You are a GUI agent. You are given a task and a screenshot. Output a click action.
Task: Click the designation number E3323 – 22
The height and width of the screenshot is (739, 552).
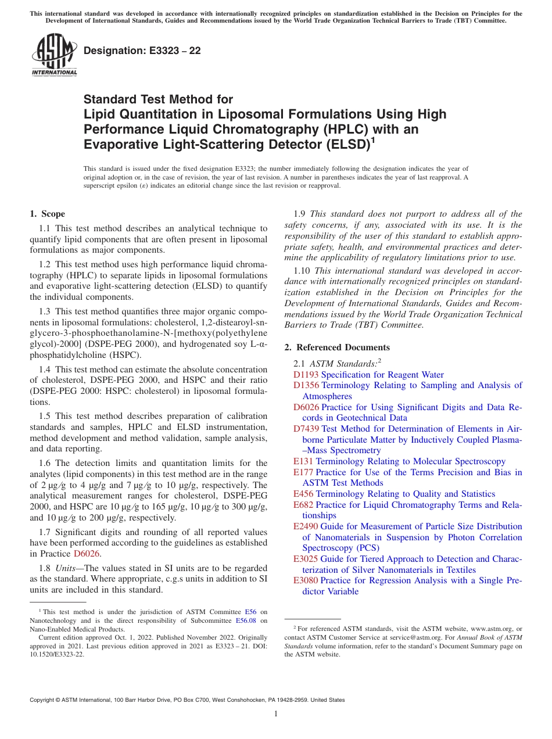[142, 51]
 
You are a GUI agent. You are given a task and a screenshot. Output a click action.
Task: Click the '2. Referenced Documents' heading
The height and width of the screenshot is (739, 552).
[337, 347]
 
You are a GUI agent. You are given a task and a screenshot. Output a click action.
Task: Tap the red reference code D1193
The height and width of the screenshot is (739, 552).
[306, 375]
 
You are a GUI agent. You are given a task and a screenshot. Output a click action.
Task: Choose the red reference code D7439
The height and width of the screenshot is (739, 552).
[306, 429]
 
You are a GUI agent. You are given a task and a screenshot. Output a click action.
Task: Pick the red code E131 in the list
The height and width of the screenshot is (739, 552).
[303, 461]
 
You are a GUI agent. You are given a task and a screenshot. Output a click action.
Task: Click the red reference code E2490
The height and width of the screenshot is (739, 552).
[306, 526]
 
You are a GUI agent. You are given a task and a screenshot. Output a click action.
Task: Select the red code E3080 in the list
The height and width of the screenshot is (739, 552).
[306, 580]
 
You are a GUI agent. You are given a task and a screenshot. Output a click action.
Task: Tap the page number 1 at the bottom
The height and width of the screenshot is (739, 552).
[276, 713]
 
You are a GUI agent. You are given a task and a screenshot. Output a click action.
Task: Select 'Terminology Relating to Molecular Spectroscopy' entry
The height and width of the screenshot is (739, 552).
[411, 461]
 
